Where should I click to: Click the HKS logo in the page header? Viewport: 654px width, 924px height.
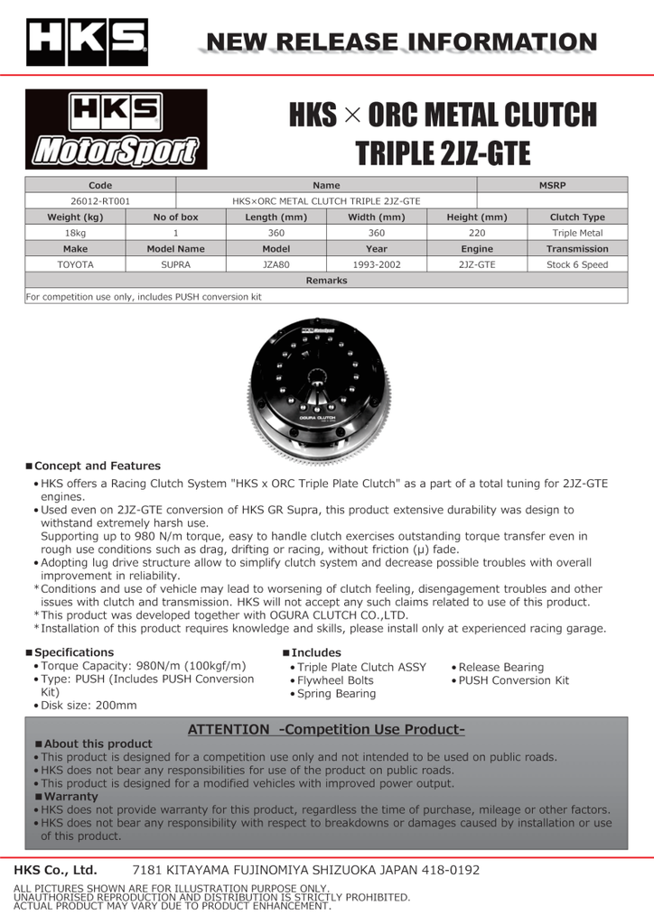click(x=88, y=42)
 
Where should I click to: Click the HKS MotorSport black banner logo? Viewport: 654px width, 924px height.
click(x=116, y=129)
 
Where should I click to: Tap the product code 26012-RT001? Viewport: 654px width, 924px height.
click(x=100, y=201)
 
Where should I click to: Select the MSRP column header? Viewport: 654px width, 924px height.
click(x=551, y=185)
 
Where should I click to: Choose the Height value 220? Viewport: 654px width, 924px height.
click(x=477, y=233)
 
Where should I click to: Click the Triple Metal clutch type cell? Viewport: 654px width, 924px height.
click(x=577, y=233)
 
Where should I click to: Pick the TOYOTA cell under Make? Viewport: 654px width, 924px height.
click(x=76, y=265)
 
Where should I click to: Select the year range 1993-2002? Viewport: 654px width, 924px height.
click(x=377, y=265)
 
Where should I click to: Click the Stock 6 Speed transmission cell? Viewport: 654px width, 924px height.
click(x=577, y=265)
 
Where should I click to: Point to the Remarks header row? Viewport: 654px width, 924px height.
click(x=326, y=281)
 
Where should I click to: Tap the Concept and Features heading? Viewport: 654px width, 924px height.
click(x=97, y=466)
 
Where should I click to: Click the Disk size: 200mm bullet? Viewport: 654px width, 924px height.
click(x=89, y=706)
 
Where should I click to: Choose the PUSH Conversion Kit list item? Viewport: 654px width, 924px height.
click(x=514, y=680)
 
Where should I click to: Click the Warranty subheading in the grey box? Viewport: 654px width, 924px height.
click(x=71, y=797)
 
